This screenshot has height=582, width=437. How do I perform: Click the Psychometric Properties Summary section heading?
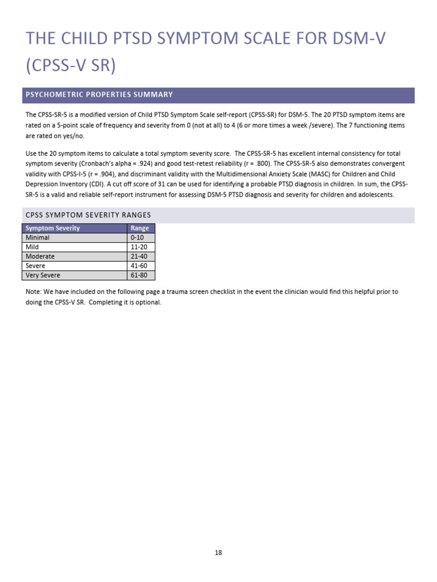[x=100, y=94]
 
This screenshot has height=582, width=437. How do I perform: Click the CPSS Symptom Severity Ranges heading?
[x=88, y=215]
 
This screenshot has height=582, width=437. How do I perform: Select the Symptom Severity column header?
[x=53, y=228]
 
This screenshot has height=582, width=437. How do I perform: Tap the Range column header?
[x=139, y=228]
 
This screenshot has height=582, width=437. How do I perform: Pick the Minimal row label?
[x=38, y=238]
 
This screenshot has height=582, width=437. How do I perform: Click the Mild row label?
[x=32, y=247]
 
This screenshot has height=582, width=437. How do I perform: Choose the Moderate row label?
[x=40, y=256]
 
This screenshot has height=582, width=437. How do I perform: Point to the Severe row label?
[x=35, y=265]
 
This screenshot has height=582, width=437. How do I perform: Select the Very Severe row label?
[x=43, y=275]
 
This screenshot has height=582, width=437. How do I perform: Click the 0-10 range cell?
[x=138, y=238]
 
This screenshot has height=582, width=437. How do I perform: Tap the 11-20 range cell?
[x=139, y=247]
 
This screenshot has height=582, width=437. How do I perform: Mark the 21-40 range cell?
[x=139, y=256]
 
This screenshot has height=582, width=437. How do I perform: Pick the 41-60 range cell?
[x=139, y=265]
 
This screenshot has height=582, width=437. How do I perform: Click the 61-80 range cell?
[x=139, y=275]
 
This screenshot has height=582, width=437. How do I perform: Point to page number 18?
[x=218, y=552]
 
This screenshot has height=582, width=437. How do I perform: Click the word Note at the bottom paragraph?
[x=33, y=292]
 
